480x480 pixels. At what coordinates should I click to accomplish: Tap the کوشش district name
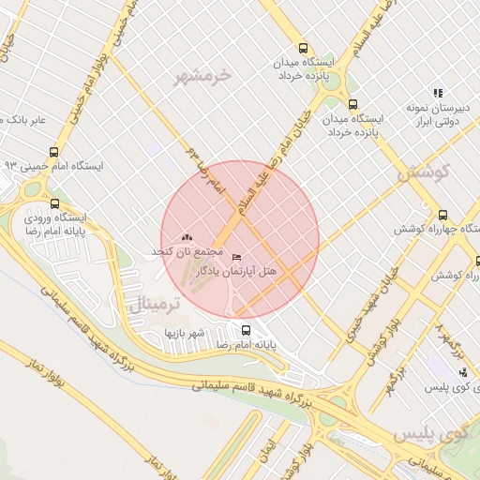coord(423,172)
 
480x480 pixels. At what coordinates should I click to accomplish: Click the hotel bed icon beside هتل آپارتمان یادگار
coord(235,257)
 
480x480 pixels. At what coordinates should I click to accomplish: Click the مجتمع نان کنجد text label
coord(187,253)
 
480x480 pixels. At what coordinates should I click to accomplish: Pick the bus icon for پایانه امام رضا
coord(246,330)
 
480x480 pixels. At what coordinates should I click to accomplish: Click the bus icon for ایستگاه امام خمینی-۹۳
coord(53,151)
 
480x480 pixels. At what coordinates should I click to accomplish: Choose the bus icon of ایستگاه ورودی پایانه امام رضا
coord(53,203)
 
